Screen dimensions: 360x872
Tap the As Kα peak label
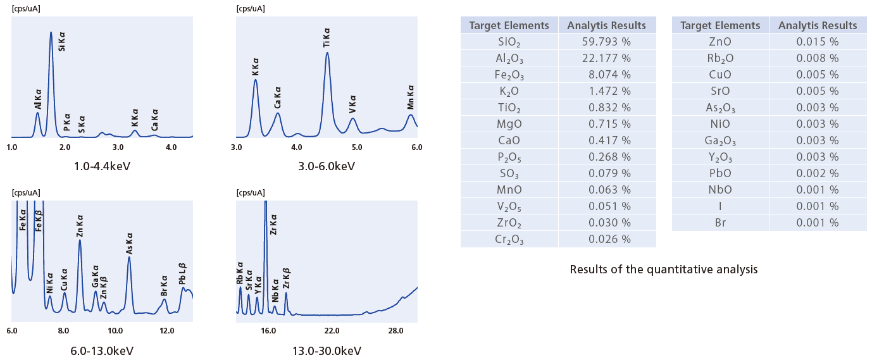coord(129,244)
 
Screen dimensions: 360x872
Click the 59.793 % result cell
coord(606,42)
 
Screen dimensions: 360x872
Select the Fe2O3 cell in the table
coord(509,75)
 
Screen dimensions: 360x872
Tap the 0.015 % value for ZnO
coord(818,42)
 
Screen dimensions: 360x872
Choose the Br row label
coord(720,223)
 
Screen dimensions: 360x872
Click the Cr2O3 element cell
coord(509,239)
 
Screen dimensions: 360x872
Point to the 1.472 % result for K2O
coord(606,91)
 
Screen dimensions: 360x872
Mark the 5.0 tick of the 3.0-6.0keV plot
coord(356,147)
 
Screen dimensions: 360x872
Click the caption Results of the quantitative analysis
coord(663,270)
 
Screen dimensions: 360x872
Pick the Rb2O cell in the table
coord(720,58)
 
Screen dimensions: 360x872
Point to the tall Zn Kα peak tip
coord(80,240)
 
